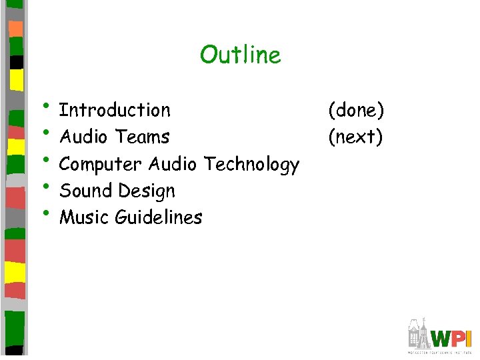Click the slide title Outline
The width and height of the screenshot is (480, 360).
tap(240, 55)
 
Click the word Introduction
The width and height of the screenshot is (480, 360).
tap(115, 109)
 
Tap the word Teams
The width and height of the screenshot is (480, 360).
tap(142, 137)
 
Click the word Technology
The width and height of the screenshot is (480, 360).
tap(251, 164)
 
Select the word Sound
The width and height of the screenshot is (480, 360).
tap(85, 191)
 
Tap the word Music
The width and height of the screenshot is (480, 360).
tap(85, 217)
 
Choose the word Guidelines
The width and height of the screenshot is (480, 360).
tap(159, 217)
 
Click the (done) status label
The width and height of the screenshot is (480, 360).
tap(355, 110)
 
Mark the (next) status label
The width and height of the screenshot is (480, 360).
tap(355, 137)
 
